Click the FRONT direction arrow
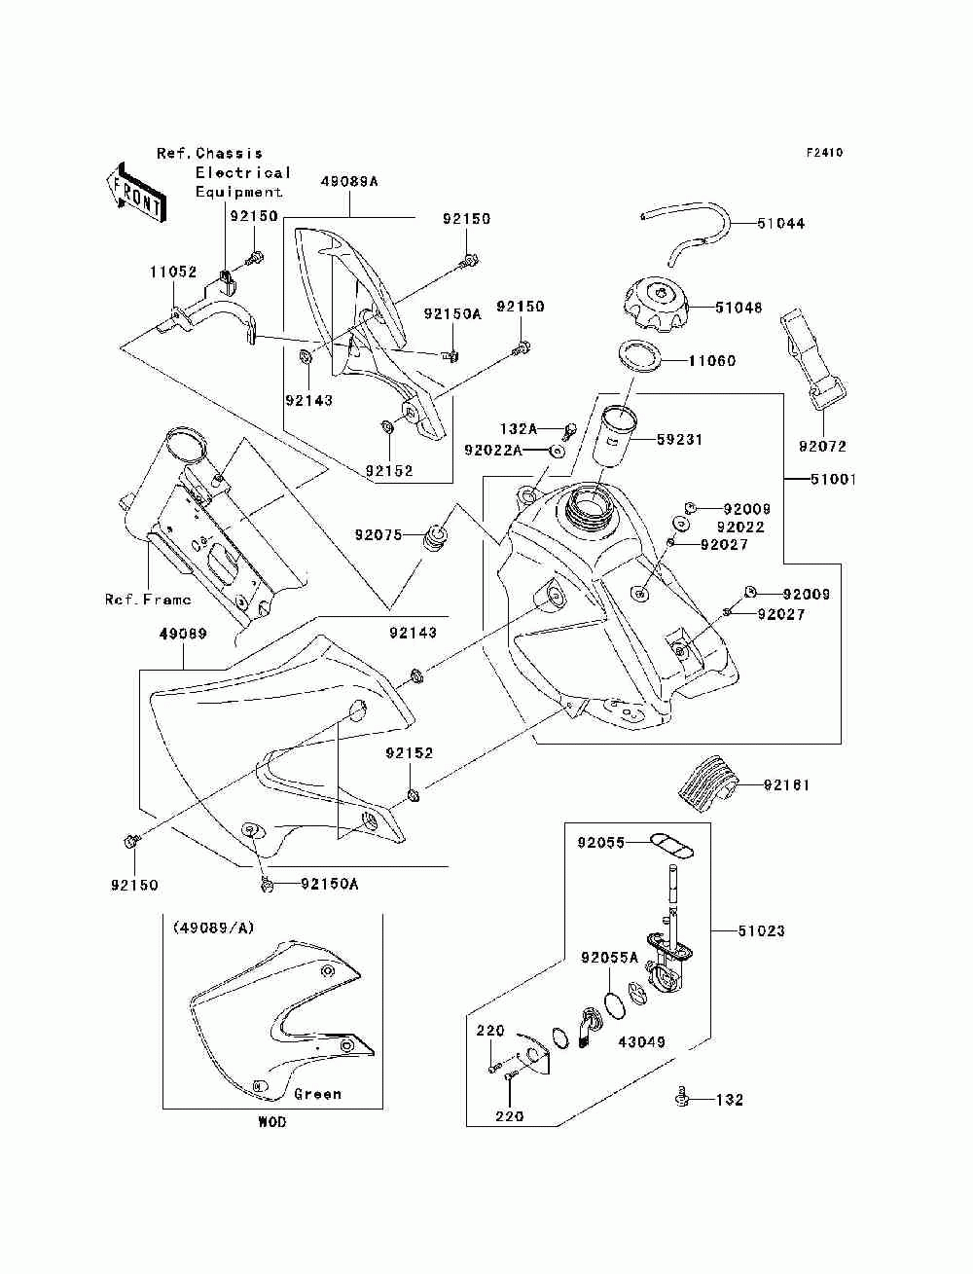[137, 192]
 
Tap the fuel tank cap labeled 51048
[656, 305]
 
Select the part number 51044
[780, 224]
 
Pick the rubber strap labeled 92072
[812, 359]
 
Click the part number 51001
[833, 480]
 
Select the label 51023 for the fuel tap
[761, 931]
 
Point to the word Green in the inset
[317, 1094]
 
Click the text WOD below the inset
[272, 1122]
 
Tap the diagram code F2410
[824, 153]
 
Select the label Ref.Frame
[148, 599]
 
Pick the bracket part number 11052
[173, 272]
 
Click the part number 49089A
[349, 182]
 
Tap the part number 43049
[642, 1041]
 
